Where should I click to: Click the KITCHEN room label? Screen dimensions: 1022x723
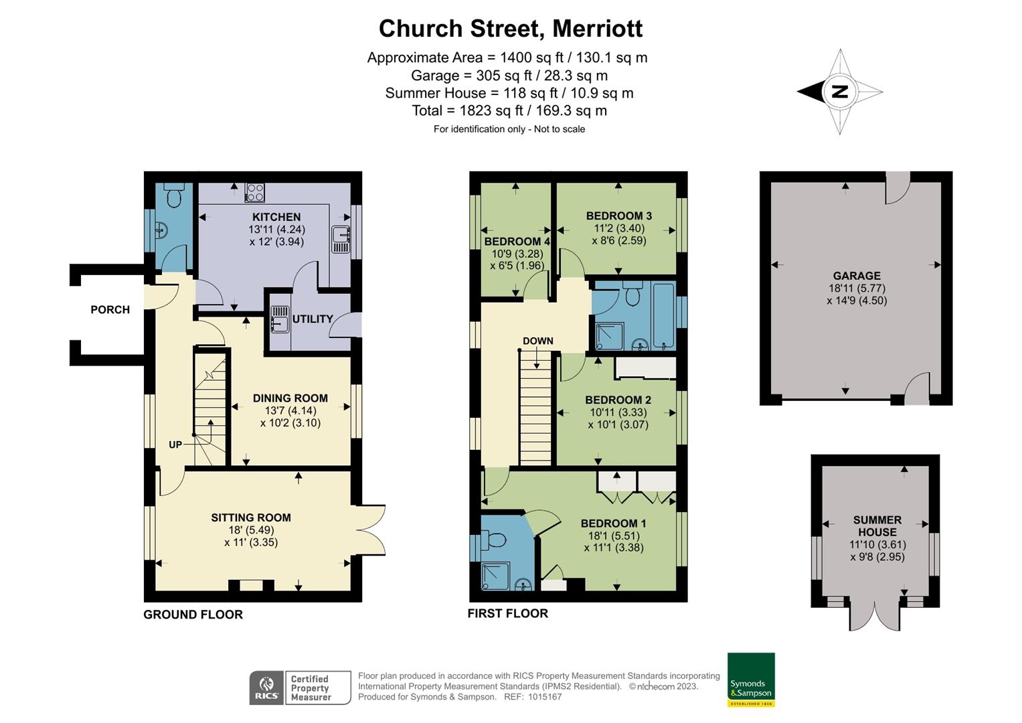276,217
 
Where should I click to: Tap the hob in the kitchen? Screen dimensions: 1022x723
254,192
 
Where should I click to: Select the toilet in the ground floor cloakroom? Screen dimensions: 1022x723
174,196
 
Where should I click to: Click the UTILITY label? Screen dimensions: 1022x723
313,319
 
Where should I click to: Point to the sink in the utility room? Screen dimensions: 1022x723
280,318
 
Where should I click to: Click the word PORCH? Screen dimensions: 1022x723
110,309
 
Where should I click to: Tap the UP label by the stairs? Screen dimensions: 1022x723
175,445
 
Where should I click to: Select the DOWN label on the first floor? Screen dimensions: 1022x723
538,341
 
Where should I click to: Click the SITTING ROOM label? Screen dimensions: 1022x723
251,517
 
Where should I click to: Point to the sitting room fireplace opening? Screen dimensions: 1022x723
251,585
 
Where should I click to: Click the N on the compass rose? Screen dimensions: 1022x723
840,92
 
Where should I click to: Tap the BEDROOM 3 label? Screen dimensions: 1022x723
619,216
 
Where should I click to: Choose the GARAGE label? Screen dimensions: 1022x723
857,276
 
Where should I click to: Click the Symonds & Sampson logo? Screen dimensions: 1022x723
751,679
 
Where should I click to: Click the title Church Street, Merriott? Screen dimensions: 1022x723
511,28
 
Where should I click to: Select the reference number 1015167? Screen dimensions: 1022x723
545,697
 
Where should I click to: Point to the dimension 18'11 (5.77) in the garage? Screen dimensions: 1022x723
857,288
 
